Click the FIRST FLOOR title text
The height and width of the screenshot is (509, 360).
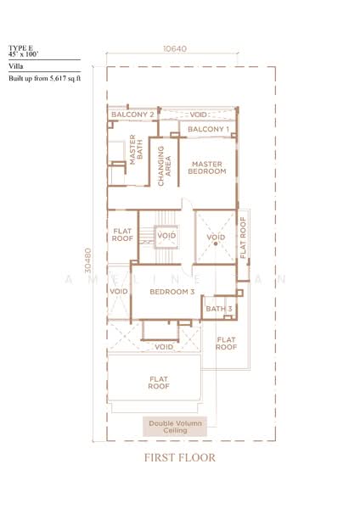pyautogui.click(x=180, y=458)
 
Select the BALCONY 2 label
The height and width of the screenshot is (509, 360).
pyautogui.click(x=132, y=114)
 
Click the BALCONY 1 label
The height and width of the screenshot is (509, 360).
pyautogui.click(x=208, y=129)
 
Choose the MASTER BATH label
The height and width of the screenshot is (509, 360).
pyautogui.click(x=132, y=154)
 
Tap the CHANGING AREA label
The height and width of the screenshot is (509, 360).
pyautogui.click(x=166, y=161)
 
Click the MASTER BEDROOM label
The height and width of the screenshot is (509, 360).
pyautogui.click(x=208, y=167)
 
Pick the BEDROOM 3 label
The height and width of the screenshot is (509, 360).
pyautogui.click(x=172, y=292)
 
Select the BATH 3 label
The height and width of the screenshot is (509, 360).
pyautogui.click(x=218, y=309)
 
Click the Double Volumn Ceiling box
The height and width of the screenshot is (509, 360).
pyautogui.click(x=175, y=427)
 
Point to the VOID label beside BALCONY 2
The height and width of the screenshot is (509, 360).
pyautogui.click(x=198, y=114)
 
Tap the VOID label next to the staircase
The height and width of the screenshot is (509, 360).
pyautogui.click(x=166, y=235)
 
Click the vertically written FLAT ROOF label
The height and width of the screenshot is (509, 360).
pyautogui.click(x=244, y=238)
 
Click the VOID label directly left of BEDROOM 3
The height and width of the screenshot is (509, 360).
pyautogui.click(x=118, y=292)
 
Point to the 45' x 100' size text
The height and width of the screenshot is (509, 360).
pyautogui.click(x=24, y=54)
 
